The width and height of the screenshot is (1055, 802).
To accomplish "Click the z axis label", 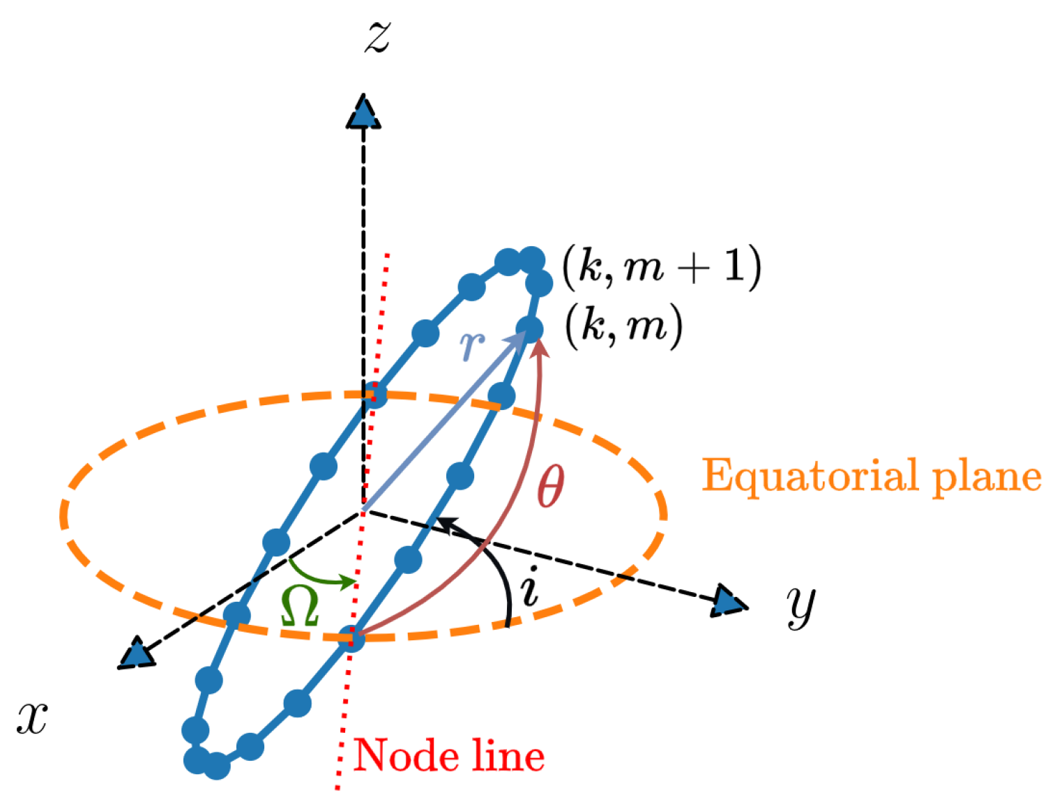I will (x=377, y=36).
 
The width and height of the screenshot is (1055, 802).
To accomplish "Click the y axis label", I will (x=801, y=605).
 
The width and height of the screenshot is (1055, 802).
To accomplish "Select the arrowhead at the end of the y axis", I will (x=729, y=602).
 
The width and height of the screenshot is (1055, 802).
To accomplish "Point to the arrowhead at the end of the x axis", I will (x=137, y=654).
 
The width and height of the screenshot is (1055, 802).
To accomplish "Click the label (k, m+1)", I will (x=661, y=266).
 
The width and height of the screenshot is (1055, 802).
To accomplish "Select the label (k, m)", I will (x=623, y=326).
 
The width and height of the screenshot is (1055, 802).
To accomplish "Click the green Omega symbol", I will (x=300, y=605).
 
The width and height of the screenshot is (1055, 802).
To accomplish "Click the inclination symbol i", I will (x=530, y=587).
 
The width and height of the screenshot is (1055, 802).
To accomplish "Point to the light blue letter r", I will (x=472, y=343).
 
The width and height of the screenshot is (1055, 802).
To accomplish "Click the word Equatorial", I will (x=809, y=477).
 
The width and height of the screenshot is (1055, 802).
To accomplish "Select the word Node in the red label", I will (x=400, y=755).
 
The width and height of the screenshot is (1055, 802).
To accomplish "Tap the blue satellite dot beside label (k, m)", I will (x=529, y=328).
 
